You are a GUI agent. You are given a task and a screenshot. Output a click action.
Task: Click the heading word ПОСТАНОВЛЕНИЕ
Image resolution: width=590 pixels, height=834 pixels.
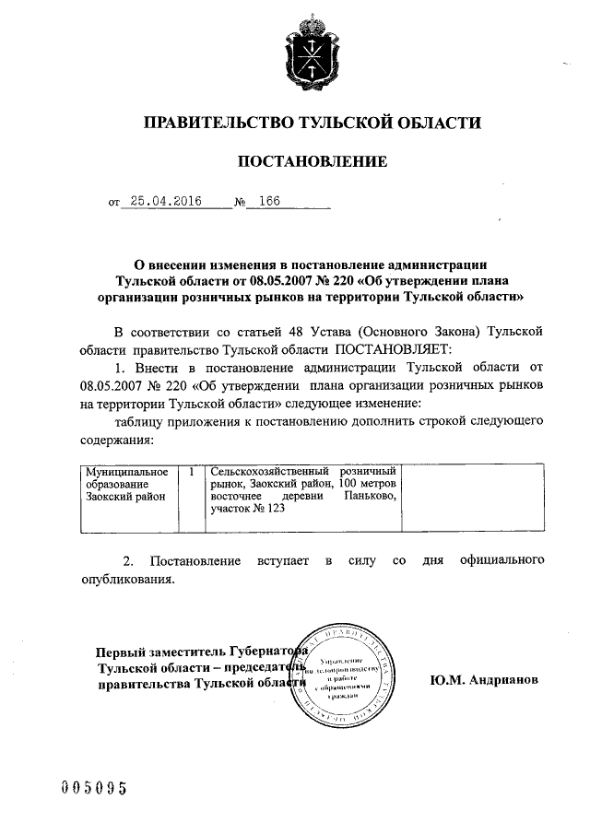pyautogui.click(x=313, y=162)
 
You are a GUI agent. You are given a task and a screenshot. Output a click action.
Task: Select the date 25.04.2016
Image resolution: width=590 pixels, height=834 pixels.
pyautogui.click(x=165, y=200)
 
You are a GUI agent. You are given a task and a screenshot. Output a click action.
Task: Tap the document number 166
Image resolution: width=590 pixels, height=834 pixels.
pyautogui.click(x=270, y=200)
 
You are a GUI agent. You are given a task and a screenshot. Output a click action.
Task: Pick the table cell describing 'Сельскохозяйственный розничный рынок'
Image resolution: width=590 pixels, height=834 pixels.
pyautogui.click(x=303, y=499)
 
